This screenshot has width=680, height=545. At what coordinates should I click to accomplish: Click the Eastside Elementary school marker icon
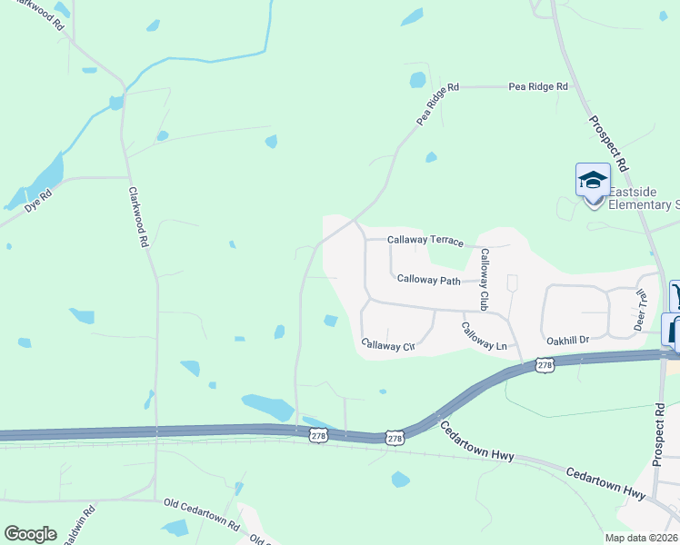click(x=593, y=180)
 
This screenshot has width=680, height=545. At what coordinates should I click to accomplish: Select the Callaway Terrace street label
click(x=425, y=241)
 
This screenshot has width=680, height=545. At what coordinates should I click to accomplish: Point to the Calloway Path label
click(x=429, y=281)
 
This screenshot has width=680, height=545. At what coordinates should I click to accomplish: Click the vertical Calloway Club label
click(x=485, y=278)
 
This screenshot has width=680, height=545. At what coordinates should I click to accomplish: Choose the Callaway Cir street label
click(x=388, y=345)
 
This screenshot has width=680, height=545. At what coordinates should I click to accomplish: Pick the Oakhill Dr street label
click(x=568, y=340)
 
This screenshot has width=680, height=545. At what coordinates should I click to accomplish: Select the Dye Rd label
click(x=38, y=203)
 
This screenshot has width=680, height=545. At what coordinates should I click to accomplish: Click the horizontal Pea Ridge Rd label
click(x=538, y=87)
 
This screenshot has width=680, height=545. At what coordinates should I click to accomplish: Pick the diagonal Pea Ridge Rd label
click(x=437, y=104)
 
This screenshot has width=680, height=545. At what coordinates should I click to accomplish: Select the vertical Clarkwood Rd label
click(x=137, y=218)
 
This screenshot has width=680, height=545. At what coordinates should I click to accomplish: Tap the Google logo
click(x=30, y=533)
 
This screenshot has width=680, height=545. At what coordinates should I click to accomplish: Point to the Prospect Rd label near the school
click(x=607, y=144)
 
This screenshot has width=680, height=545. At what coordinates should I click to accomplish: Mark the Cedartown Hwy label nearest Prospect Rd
click(x=605, y=484)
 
